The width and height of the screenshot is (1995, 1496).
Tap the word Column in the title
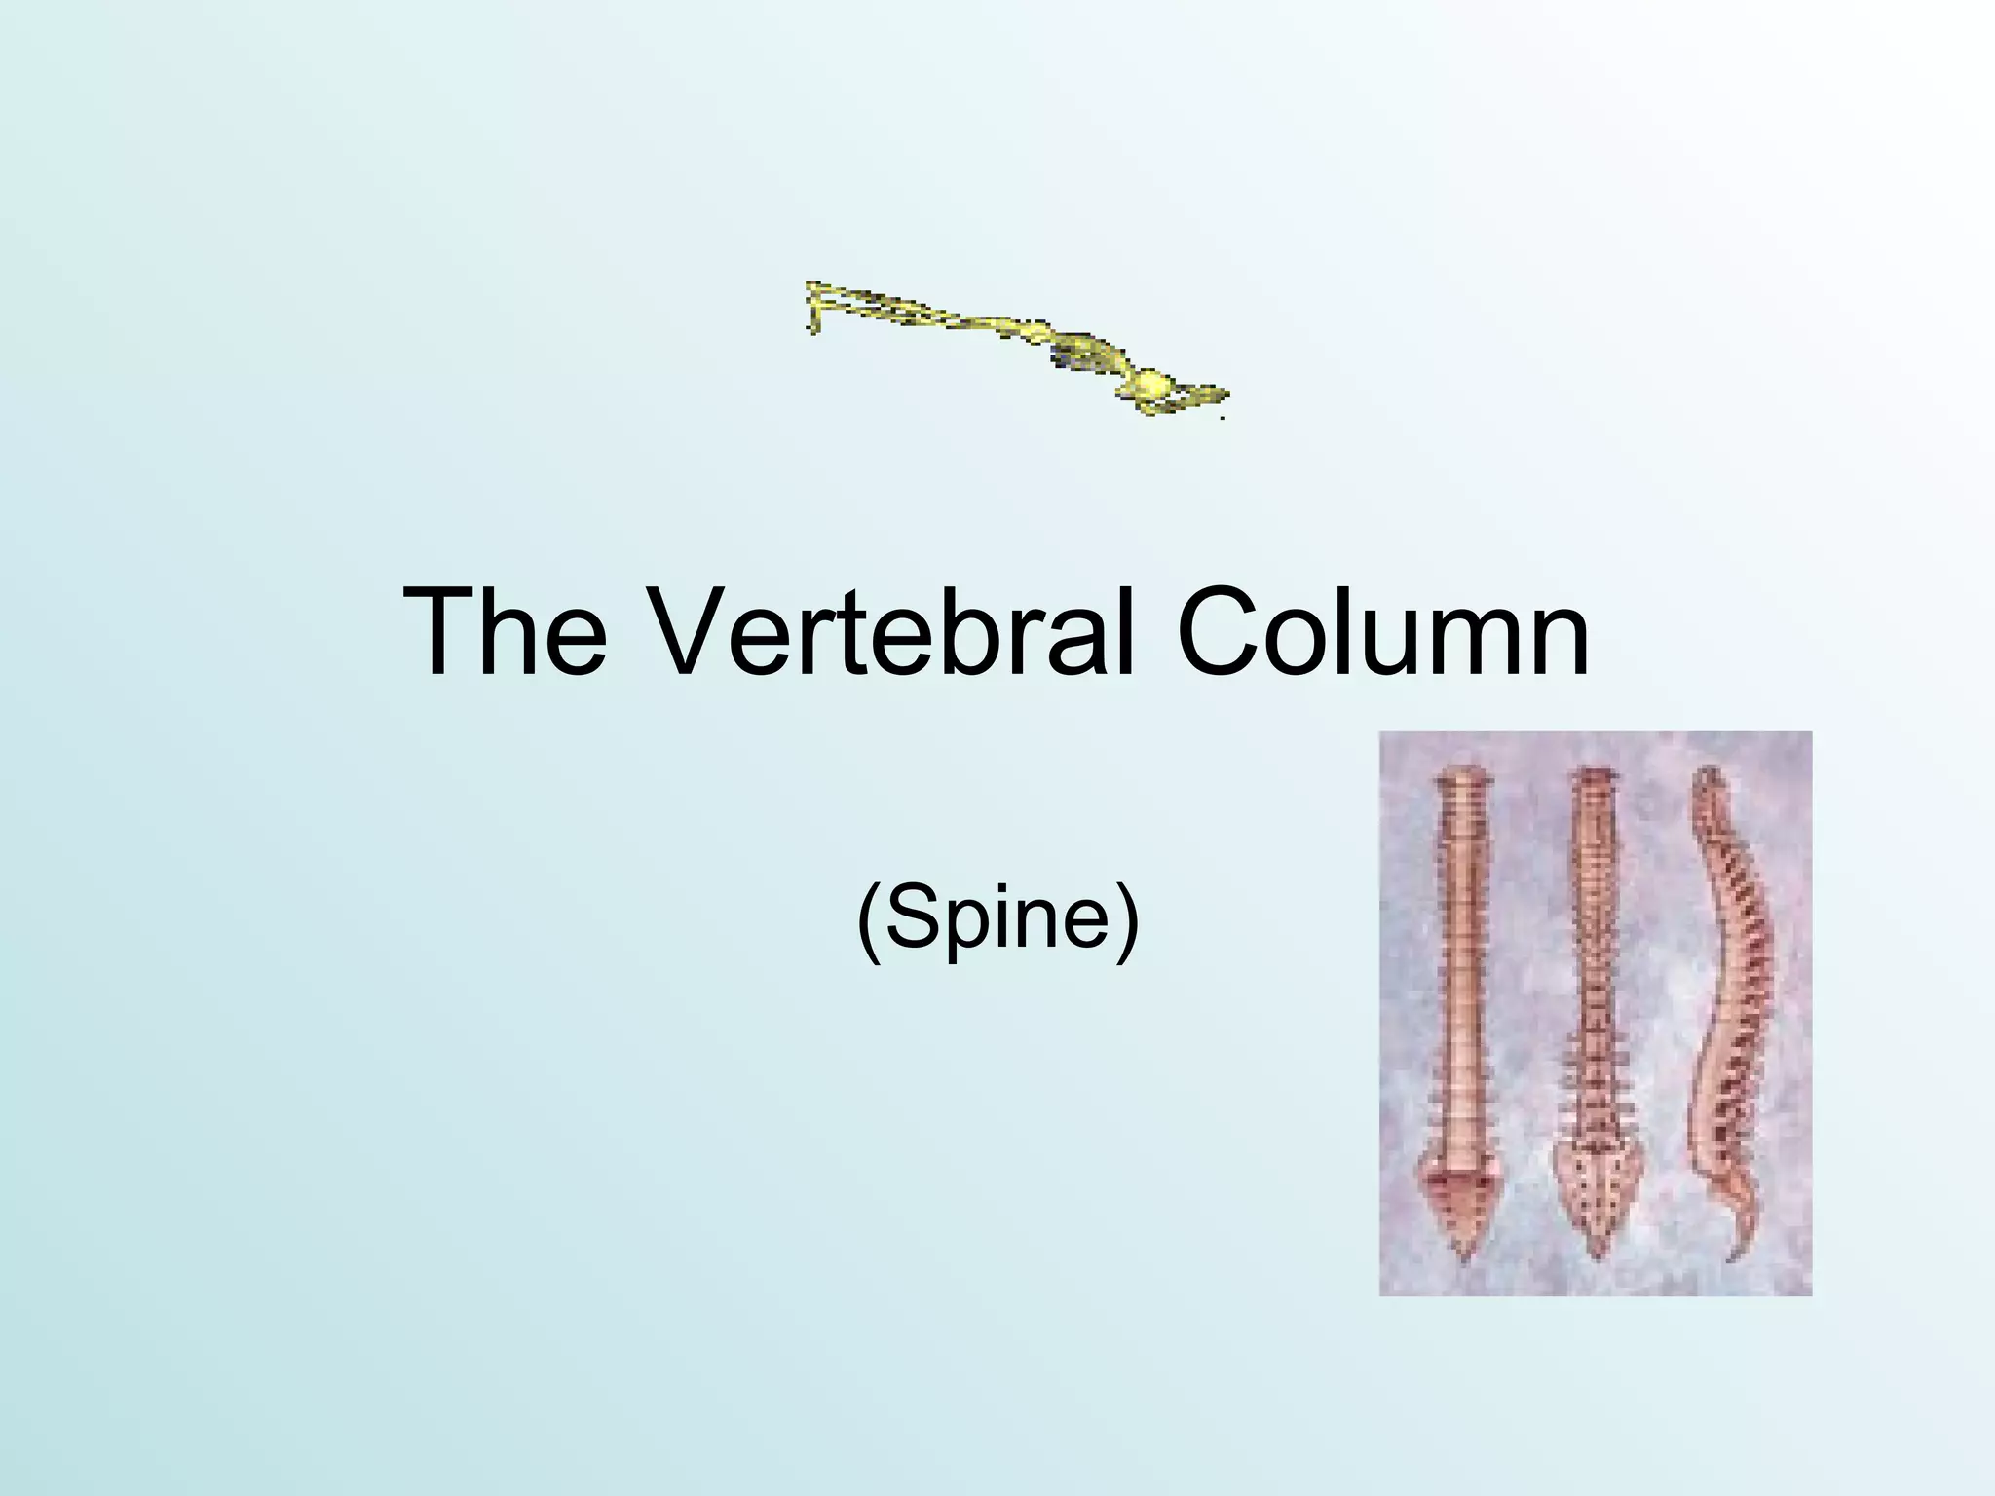(x=1382, y=632)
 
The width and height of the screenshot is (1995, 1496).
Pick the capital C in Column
(x=1223, y=632)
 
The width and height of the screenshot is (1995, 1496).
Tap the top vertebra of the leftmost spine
(x=1460, y=780)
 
